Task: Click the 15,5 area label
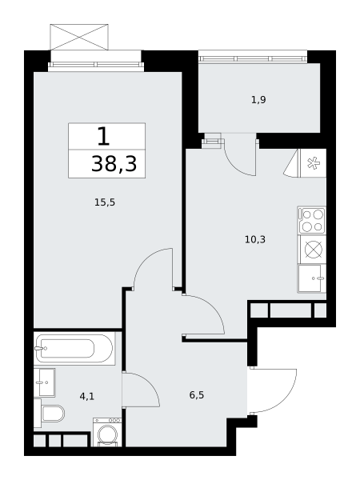(105, 202)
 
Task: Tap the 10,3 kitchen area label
(255, 239)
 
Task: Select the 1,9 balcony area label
(258, 100)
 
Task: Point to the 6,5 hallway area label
(197, 395)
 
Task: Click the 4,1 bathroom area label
(87, 397)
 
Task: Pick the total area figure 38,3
(114, 164)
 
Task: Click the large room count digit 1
(103, 136)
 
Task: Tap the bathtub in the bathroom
(74, 348)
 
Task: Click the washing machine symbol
(107, 432)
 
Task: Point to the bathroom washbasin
(44, 382)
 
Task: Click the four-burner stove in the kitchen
(312, 220)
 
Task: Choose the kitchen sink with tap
(312, 279)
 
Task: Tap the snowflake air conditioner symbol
(313, 163)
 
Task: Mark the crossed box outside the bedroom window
(79, 37)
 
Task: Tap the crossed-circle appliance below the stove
(314, 250)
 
